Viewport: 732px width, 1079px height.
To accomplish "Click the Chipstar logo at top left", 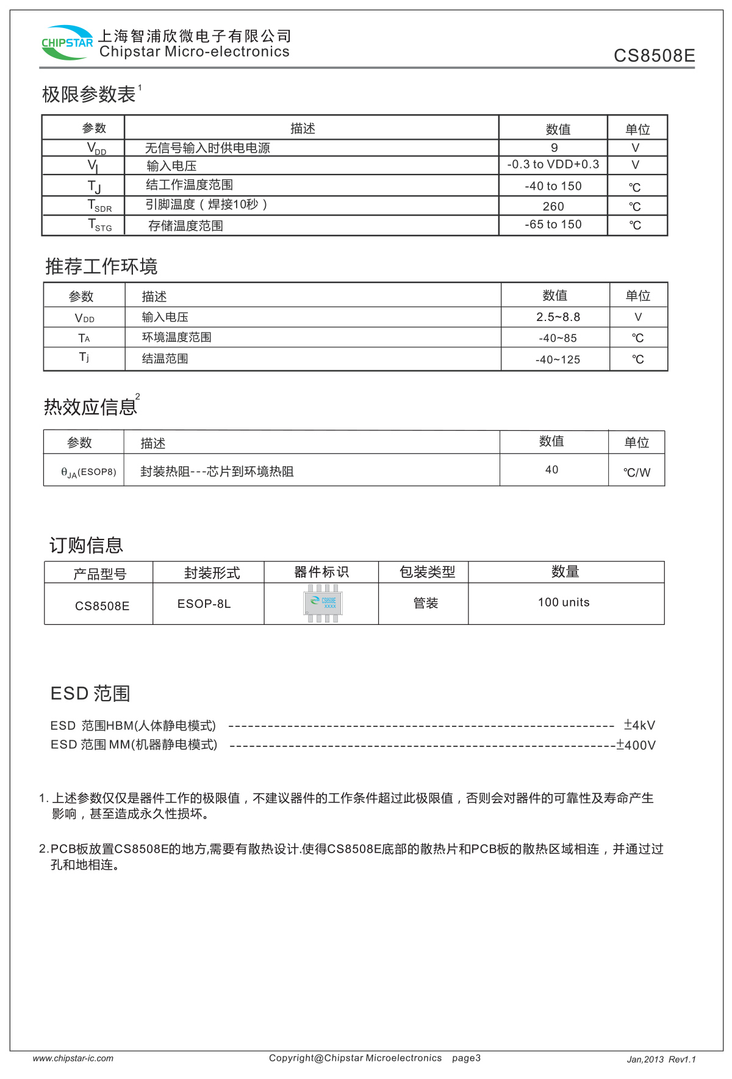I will [66, 43].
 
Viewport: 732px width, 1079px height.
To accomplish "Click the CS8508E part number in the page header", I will [654, 56].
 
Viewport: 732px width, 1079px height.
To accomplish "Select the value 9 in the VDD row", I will [554, 148].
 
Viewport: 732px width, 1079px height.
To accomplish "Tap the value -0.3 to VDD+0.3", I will [553, 165].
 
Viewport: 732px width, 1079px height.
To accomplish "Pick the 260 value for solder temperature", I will [553, 206].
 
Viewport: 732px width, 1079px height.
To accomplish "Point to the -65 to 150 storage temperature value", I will [553, 225].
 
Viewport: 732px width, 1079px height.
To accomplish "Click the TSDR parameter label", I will [99, 206].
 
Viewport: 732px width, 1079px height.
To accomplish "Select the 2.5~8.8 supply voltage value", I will [558, 317].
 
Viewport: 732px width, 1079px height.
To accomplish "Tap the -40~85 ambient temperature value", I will [558, 338].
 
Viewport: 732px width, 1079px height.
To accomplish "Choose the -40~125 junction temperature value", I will [558, 359].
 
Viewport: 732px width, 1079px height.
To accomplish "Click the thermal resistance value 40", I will [551, 469].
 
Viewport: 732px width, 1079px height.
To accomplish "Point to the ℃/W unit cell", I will [637, 472].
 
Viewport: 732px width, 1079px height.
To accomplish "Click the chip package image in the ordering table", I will [323, 603].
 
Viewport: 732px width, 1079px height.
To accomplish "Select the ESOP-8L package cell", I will [204, 604].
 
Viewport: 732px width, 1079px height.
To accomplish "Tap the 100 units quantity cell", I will [564, 602].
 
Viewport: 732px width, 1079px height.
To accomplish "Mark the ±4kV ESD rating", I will [639, 725].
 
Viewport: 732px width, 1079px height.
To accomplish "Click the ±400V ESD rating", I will [636, 745].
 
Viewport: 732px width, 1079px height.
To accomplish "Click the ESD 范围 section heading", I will [90, 694].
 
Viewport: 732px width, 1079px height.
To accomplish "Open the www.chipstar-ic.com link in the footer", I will [73, 1058].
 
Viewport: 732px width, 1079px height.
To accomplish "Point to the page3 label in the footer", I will [466, 1058].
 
